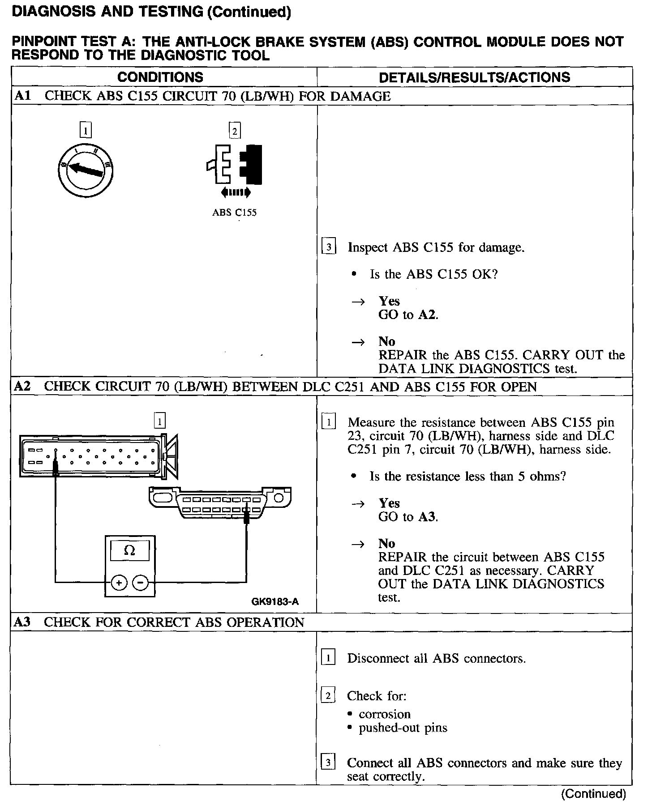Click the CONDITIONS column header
[160, 77]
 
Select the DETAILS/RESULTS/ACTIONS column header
[474, 77]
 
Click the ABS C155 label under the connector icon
[234, 213]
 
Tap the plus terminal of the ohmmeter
[119, 583]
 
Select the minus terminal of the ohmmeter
[141, 583]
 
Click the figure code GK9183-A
[275, 601]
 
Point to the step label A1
[22, 96]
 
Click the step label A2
[22, 387]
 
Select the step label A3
[22, 622]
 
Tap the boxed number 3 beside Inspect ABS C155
[329, 247]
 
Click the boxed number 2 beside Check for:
[328, 696]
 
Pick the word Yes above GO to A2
[389, 301]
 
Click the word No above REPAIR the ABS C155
[387, 341]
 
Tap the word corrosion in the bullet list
[385, 714]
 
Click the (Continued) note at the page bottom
[593, 794]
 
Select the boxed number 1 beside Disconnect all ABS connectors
[328, 658]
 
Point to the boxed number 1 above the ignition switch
[85, 131]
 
